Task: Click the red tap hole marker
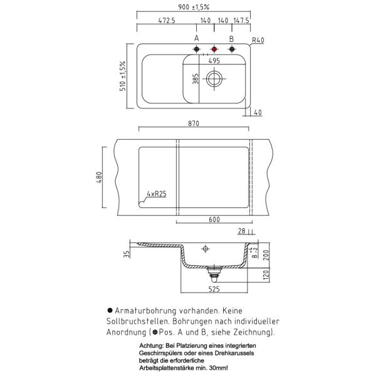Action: click(x=214, y=49)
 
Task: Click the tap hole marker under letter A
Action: click(x=197, y=49)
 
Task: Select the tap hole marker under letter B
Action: click(x=232, y=49)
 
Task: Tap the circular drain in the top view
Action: click(x=214, y=79)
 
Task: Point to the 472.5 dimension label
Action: click(x=167, y=21)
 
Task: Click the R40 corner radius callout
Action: click(x=258, y=40)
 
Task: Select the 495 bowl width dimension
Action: click(x=214, y=61)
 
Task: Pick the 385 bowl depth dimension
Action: click(x=196, y=79)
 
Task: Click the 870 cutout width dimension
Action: click(x=194, y=123)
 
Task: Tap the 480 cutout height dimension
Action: click(x=99, y=177)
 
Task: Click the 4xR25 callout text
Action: click(x=157, y=194)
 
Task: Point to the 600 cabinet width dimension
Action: click(x=214, y=219)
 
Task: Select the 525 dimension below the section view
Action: click(x=214, y=289)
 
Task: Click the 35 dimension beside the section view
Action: click(x=127, y=254)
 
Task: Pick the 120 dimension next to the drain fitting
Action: click(x=266, y=275)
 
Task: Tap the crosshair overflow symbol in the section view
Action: click(x=206, y=249)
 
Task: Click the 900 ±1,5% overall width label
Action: click(x=194, y=7)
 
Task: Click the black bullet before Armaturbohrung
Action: click(x=110, y=310)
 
